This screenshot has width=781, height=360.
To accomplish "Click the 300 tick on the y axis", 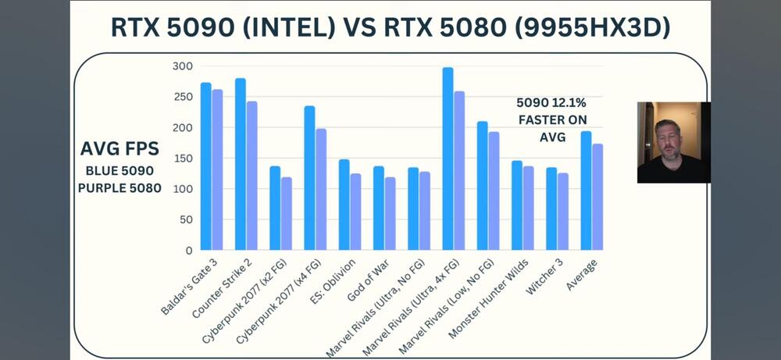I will [x=181, y=66].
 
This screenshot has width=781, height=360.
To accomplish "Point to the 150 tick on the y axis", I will [x=181, y=159].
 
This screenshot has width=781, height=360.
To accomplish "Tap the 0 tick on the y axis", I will [x=187, y=251].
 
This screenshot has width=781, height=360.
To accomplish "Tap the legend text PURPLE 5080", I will [x=119, y=187].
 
